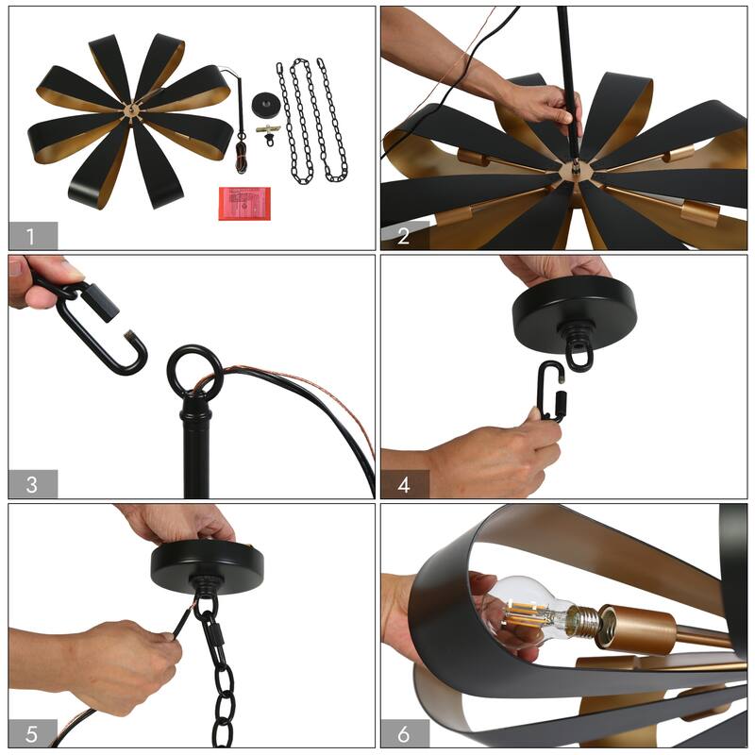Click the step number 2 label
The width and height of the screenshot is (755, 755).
pos(403,237)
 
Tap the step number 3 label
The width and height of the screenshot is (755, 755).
pos(32,484)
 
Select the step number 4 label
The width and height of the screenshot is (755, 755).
pos(404,485)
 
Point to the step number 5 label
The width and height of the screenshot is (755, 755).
pos(31,734)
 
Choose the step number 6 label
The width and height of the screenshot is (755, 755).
pos(404,734)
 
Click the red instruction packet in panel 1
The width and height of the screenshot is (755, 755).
pos(244,203)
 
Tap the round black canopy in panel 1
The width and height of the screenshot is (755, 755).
pos(267,104)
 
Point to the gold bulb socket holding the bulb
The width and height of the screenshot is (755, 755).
pos(635,629)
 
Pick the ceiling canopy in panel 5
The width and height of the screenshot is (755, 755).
pos(207,564)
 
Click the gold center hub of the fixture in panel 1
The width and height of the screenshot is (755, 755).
pos(131,110)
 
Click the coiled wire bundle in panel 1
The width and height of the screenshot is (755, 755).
pos(242,157)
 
